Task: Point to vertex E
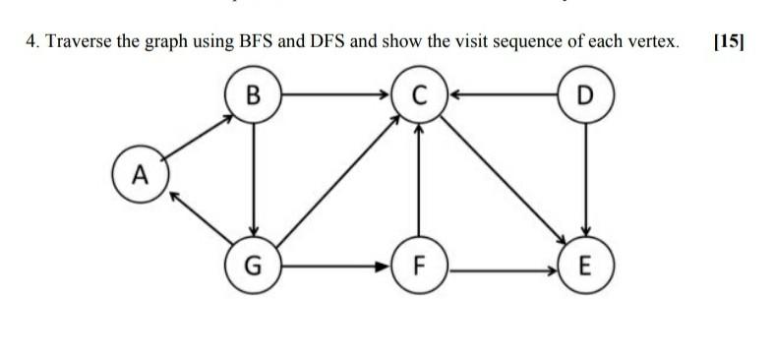click(x=586, y=266)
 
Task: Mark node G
click(x=254, y=266)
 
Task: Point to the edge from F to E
click(x=504, y=266)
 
